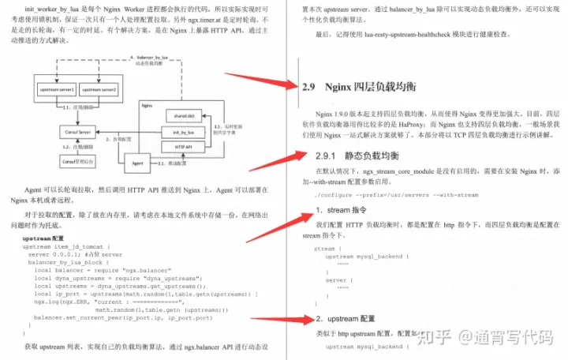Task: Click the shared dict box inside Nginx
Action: tap(181, 116)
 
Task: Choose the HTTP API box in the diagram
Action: tap(181, 146)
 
